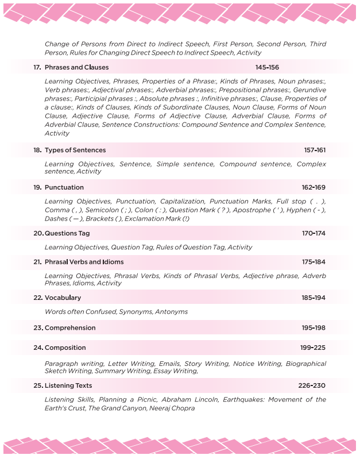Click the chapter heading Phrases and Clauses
pos(76,67)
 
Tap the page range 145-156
pos(267,67)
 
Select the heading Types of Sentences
pos(75,150)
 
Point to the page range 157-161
pos(315,150)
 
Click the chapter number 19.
pos(37,187)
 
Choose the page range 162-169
pos(313,187)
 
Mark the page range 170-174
pos(313,233)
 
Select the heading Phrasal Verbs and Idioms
pos(84,261)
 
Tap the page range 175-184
pos(313,261)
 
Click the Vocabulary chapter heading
pos(63,298)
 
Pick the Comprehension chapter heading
pos(70,327)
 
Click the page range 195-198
pos(313,327)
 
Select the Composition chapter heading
pos(65,348)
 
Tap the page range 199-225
pos(313,348)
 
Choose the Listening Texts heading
pos(68,385)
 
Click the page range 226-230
pos(313,385)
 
